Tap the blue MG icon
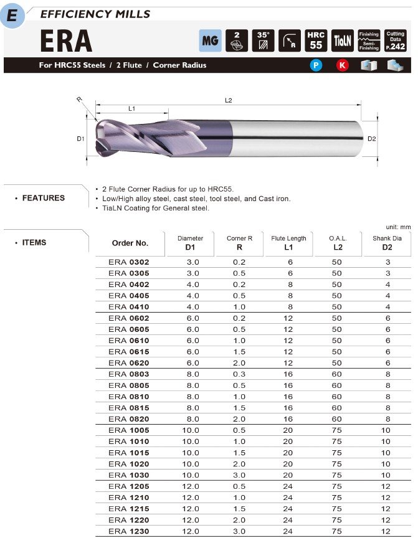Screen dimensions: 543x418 click(x=209, y=40)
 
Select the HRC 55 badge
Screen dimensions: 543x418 click(x=316, y=40)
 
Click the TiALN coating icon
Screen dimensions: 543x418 click(x=343, y=40)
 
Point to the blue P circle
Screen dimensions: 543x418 click(x=316, y=65)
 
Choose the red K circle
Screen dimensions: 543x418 click(x=342, y=65)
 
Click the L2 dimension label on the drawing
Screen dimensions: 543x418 click(x=228, y=100)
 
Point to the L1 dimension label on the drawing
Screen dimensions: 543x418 click(x=131, y=109)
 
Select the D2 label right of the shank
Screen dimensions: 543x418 click(x=372, y=138)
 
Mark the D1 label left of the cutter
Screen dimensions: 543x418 click(x=80, y=139)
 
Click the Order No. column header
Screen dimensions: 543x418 click(x=130, y=243)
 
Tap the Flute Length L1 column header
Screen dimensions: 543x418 click(x=288, y=243)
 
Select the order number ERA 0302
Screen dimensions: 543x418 click(x=128, y=262)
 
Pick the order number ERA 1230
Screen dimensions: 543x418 click(x=128, y=531)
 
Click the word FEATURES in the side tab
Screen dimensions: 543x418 click(x=43, y=198)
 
